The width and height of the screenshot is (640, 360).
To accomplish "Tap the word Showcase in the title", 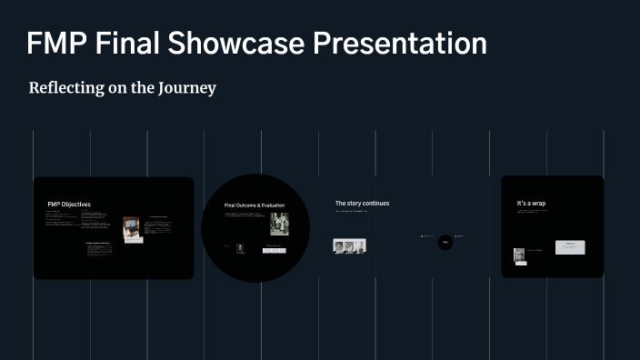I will [240, 43].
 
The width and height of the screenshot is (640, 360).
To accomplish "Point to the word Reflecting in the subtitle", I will [69, 88].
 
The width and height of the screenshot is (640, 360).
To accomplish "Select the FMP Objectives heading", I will [69, 205].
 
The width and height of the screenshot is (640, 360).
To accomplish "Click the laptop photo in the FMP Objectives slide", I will [132, 228].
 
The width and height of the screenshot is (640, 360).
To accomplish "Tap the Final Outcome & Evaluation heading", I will [255, 205].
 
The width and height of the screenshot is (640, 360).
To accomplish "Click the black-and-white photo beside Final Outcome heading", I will [279, 223].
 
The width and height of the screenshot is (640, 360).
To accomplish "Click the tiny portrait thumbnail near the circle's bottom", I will [240, 247].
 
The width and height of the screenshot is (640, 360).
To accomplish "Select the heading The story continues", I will [362, 204].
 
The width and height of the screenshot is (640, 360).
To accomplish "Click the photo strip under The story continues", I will [350, 245].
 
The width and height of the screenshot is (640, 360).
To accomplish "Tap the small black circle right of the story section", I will [445, 242].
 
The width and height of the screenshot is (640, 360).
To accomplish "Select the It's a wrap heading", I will [531, 203].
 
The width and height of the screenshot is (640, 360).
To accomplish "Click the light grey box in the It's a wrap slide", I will [570, 247].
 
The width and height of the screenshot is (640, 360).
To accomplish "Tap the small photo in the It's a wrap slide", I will [519, 255].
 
